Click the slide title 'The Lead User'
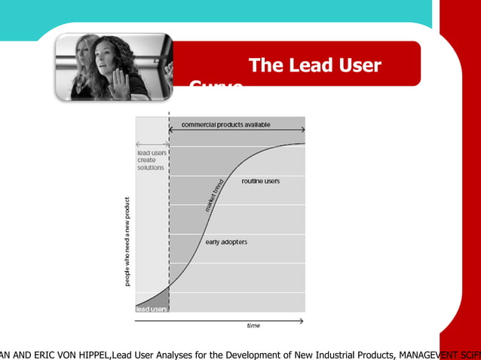(314, 66)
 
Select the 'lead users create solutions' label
(151, 160)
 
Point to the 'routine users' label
(261, 182)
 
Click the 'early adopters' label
(226, 242)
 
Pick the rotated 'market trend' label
(213, 194)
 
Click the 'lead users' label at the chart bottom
(151, 309)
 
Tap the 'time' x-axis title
(254, 325)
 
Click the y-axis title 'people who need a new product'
(127, 241)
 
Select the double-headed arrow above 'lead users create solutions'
(152, 144)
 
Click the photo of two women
(113, 68)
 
